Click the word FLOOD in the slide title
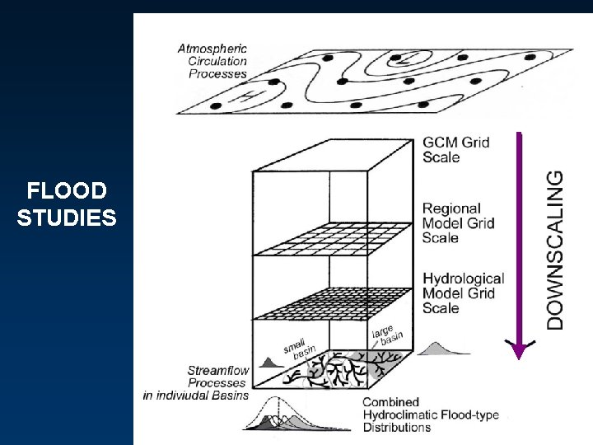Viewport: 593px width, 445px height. click(67, 192)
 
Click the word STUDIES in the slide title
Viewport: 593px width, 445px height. click(67, 218)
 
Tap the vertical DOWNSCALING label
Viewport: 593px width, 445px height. click(557, 249)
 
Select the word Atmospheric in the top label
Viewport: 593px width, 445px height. click(212, 48)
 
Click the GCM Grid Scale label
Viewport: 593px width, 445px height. click(455, 149)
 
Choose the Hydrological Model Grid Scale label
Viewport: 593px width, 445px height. click(463, 293)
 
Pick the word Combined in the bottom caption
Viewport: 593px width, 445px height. click(390, 402)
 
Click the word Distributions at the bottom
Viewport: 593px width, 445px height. click(397, 428)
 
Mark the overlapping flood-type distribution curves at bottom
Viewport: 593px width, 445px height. click(280, 416)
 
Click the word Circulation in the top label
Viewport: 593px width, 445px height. click(217, 60)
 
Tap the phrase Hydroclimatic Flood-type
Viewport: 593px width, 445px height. click(431, 415)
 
